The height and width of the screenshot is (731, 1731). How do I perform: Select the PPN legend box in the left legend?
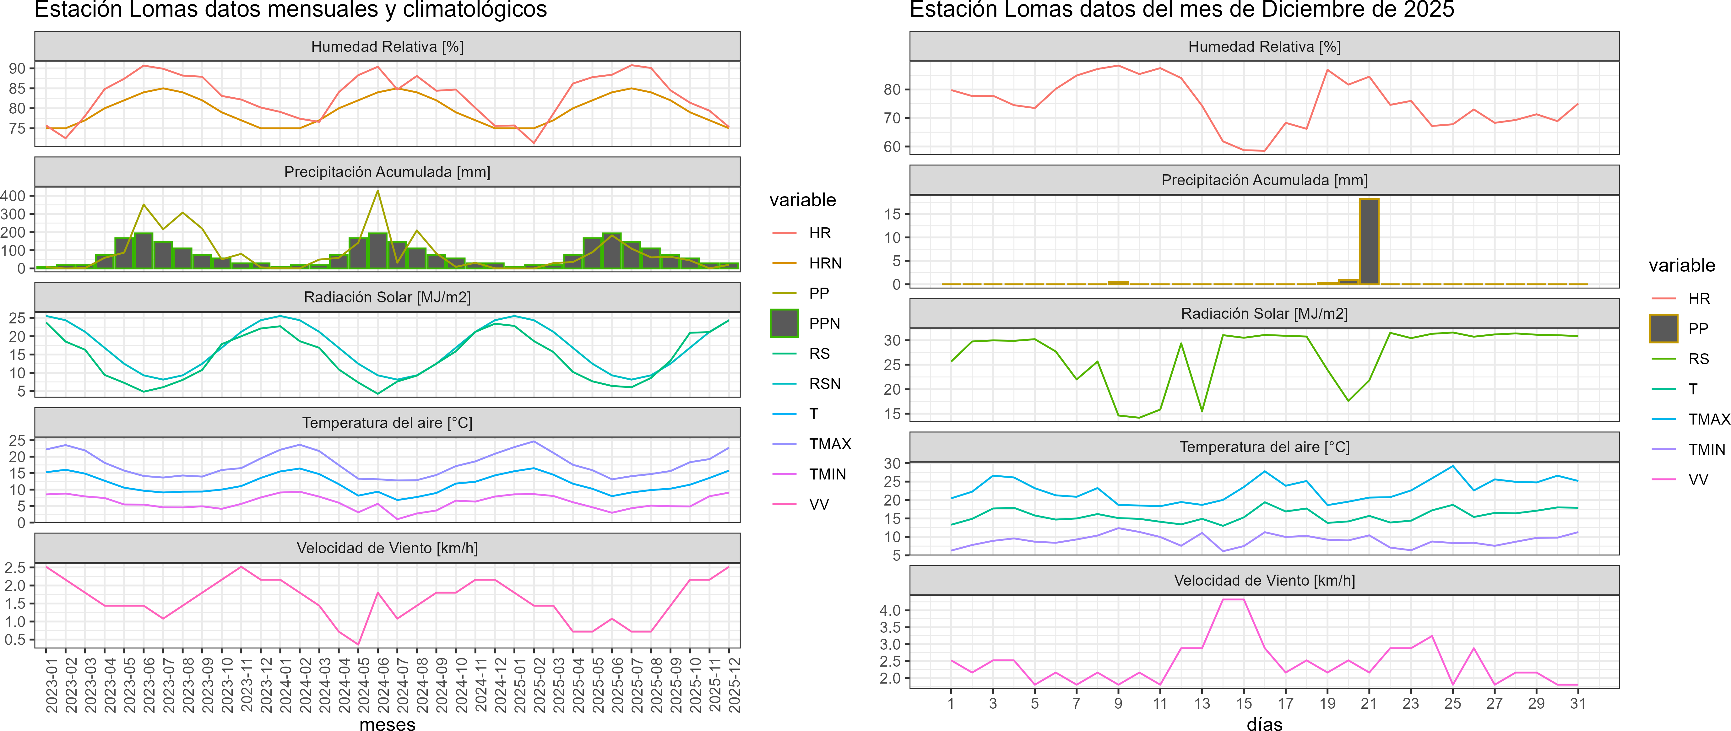(784, 323)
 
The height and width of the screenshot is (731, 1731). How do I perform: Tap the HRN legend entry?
(824, 263)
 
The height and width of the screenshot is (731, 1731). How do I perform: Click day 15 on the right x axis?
(1244, 703)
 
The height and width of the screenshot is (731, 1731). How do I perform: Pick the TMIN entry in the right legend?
(1706, 449)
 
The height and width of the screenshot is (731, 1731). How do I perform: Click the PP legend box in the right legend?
(1663, 328)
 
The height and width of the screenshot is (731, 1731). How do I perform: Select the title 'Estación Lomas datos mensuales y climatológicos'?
(290, 9)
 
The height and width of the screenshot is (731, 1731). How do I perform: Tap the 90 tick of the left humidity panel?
(17, 68)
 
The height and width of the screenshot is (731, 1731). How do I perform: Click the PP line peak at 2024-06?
(378, 191)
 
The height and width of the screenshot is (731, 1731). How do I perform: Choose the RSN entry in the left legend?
(824, 384)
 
